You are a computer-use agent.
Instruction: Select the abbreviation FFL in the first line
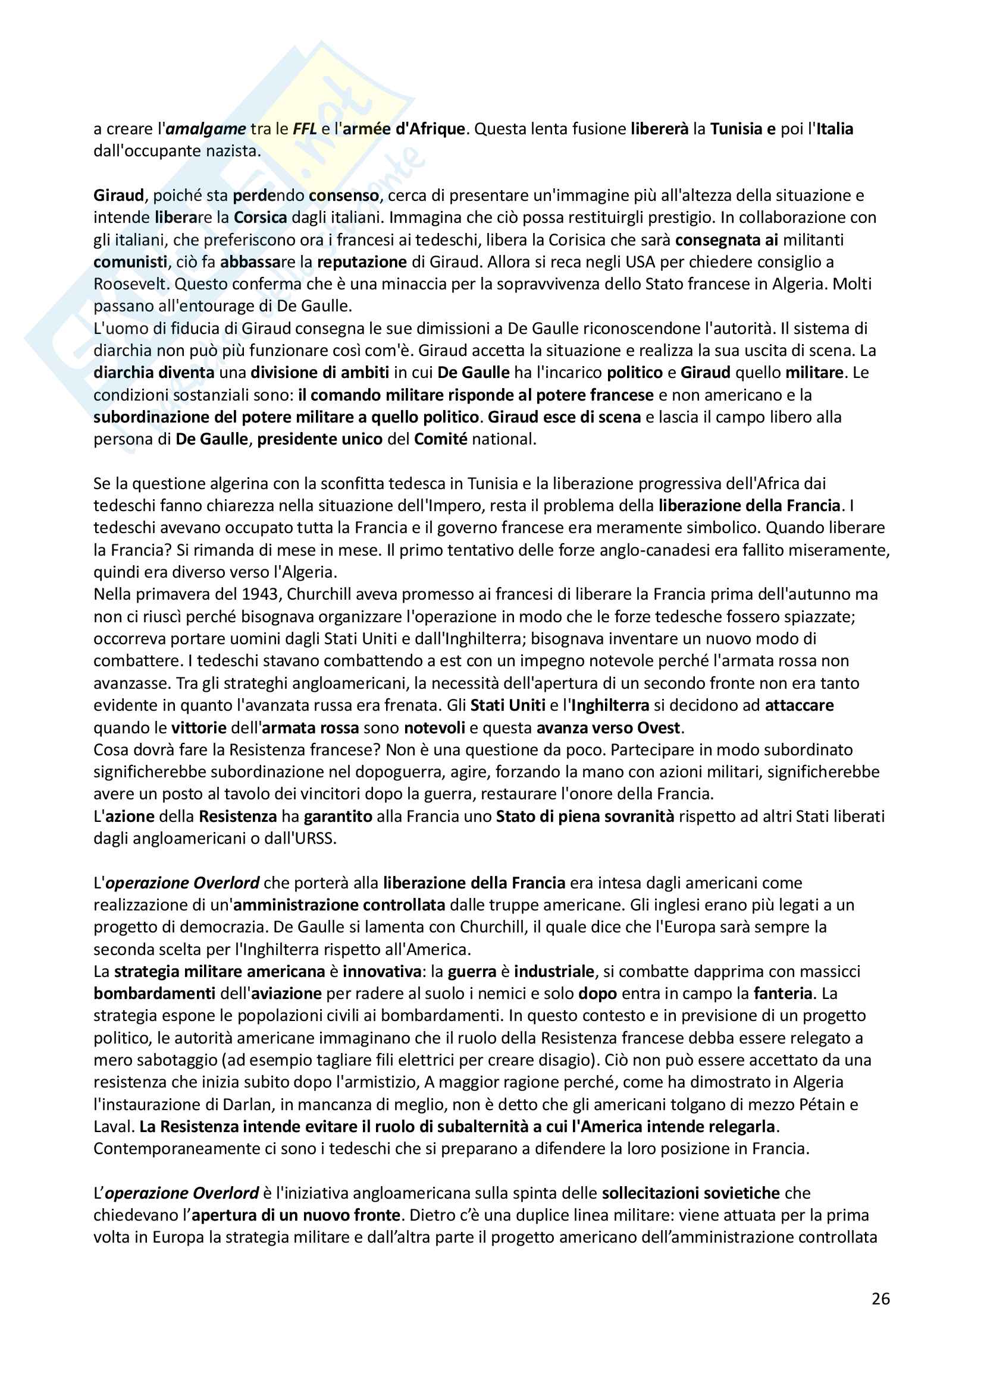coord(305,129)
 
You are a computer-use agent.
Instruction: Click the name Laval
coord(112,1127)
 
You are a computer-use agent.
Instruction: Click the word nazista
coord(232,151)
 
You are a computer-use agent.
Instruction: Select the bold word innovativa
coord(382,972)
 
